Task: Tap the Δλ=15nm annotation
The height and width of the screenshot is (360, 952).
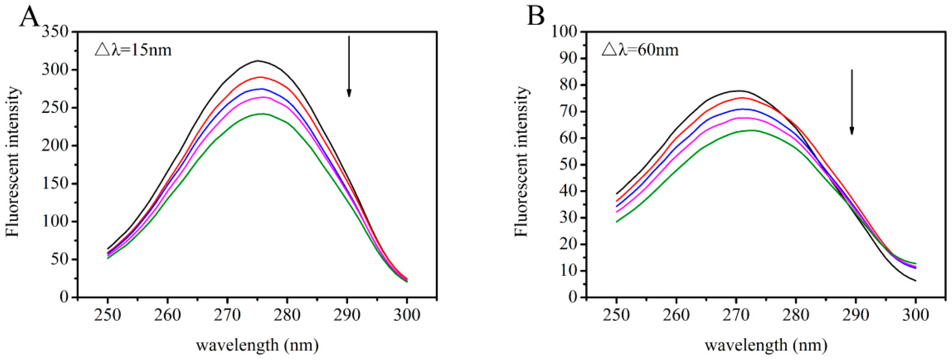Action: pos(133,50)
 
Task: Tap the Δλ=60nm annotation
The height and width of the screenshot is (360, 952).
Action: pos(640,50)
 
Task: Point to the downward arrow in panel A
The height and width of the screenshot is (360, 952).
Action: pos(348,67)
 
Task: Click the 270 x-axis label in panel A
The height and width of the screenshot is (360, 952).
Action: pos(227,315)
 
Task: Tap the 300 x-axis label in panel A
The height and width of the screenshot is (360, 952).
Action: pos(407,315)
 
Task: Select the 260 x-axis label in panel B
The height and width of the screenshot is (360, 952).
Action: pos(676,315)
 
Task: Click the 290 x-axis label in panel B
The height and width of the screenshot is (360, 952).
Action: pos(856,315)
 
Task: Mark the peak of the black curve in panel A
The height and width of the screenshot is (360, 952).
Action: pos(257,61)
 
